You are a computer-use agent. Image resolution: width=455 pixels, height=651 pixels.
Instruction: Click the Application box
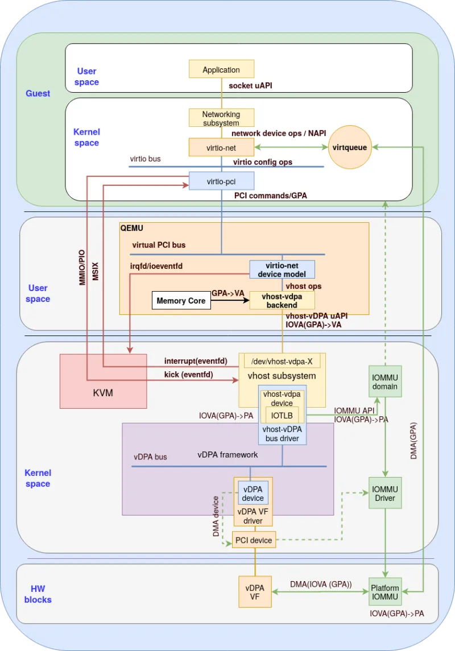(221, 69)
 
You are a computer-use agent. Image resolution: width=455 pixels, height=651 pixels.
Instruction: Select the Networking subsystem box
(221, 118)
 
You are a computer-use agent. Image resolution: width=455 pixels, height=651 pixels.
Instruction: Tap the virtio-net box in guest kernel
(221, 147)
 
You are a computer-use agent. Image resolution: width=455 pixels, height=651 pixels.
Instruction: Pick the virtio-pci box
(221, 181)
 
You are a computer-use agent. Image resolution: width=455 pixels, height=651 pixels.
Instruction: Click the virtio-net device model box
(282, 269)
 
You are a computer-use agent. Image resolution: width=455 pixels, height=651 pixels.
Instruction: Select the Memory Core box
(181, 301)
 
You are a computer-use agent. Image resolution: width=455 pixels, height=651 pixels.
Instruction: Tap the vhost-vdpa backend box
(282, 301)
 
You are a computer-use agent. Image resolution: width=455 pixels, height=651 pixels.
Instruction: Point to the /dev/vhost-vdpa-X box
(282, 361)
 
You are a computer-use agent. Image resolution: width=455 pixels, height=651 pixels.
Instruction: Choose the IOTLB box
(282, 415)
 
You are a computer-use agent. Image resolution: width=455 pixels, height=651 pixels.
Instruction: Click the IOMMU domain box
(386, 382)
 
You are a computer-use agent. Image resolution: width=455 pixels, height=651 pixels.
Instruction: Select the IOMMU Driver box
(386, 493)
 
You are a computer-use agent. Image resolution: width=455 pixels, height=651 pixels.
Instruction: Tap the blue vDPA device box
(253, 493)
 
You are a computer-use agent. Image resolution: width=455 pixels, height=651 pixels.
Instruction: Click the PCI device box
(254, 540)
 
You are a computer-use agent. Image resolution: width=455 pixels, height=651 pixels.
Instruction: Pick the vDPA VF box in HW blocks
(254, 592)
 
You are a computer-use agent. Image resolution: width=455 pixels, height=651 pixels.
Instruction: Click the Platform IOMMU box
(385, 592)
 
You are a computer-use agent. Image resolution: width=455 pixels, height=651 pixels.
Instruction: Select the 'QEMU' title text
(132, 227)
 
